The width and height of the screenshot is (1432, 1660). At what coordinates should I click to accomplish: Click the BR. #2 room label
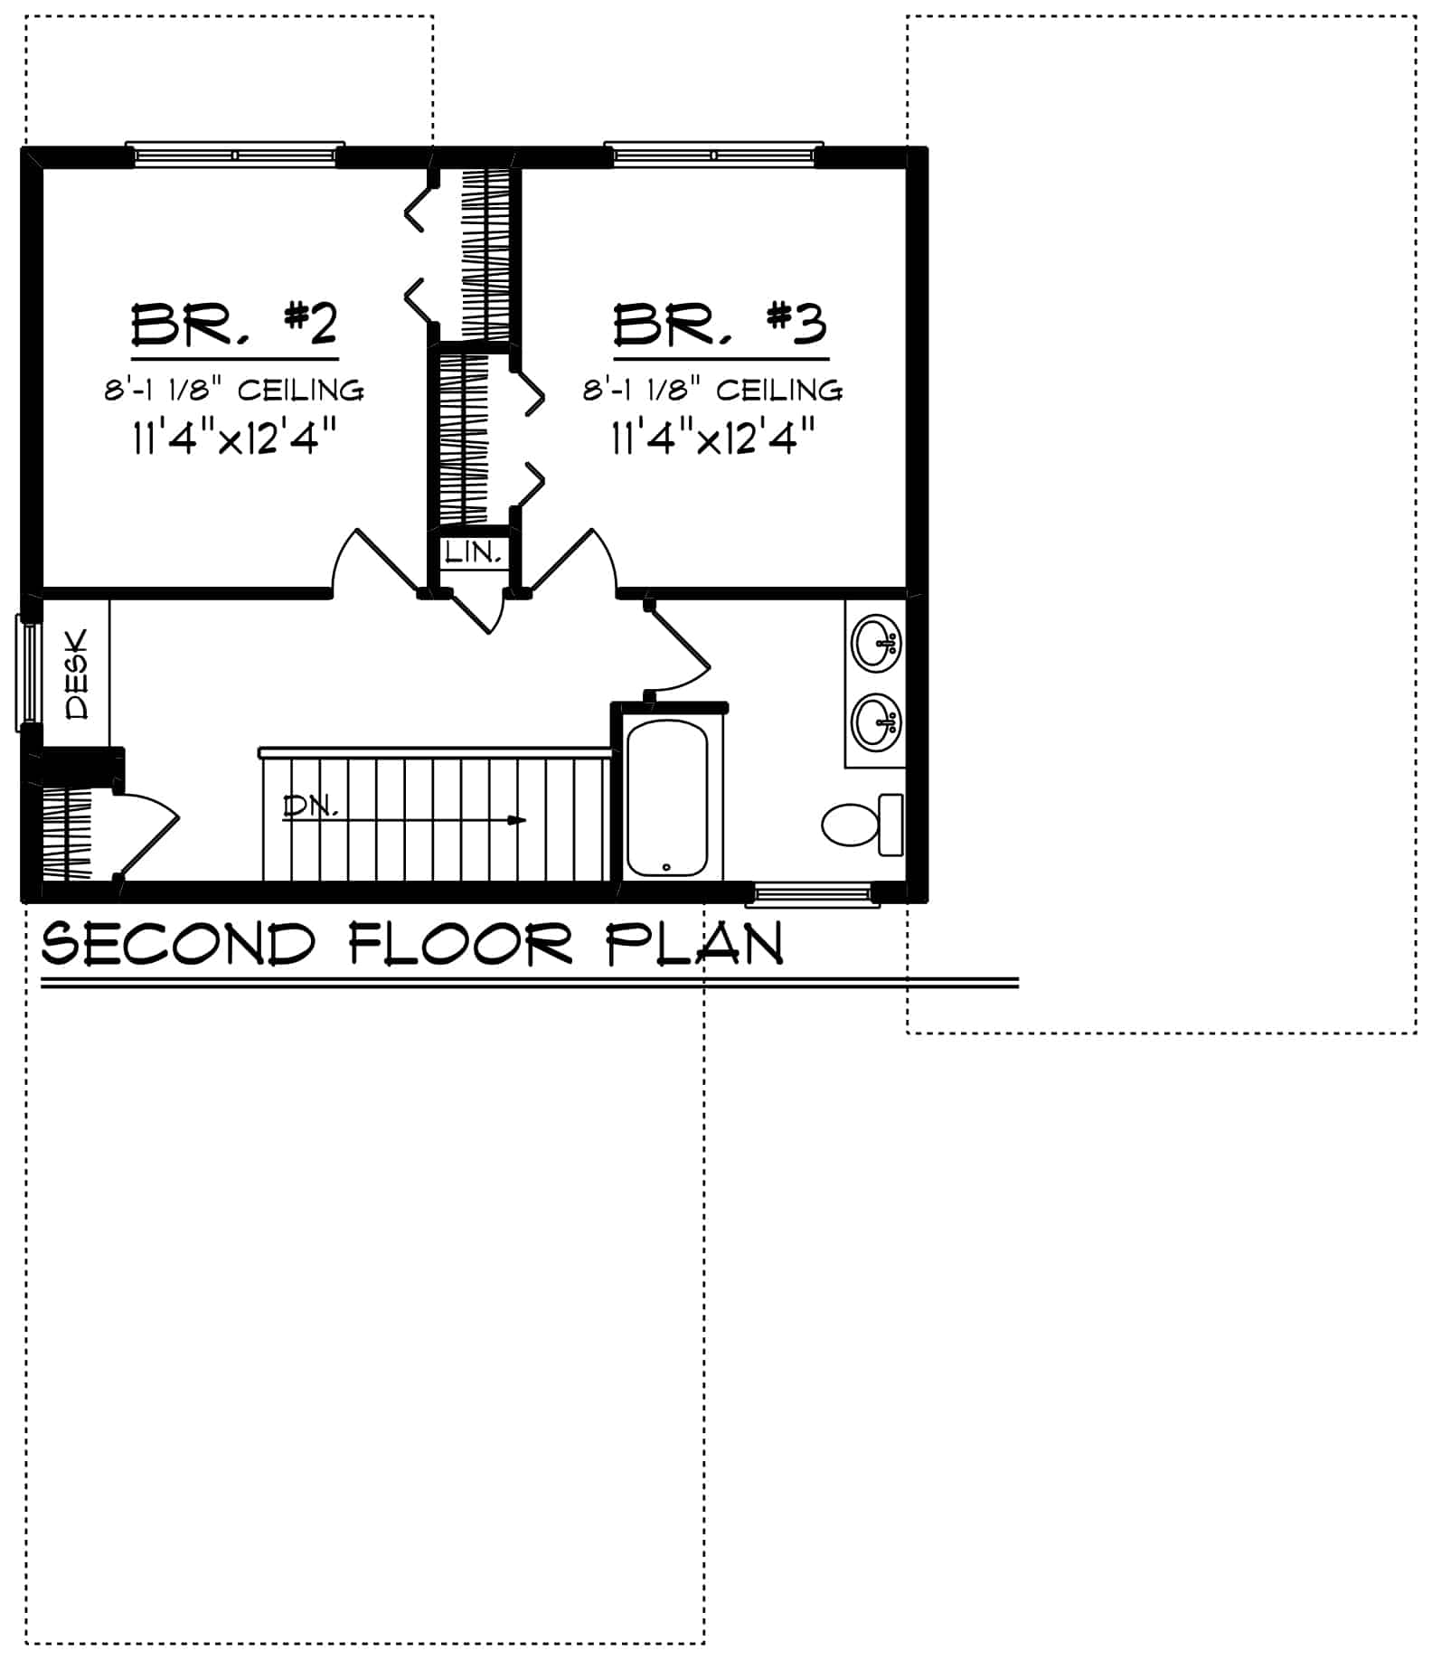[x=234, y=326]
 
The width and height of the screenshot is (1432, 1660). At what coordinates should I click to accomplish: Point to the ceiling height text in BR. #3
[x=712, y=391]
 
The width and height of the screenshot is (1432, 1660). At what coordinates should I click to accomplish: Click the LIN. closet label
[x=473, y=552]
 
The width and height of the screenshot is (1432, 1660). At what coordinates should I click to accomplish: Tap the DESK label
[x=79, y=674]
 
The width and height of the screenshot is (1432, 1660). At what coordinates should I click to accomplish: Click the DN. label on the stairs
[x=310, y=806]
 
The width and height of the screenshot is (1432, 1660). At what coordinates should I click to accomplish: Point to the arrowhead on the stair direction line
[x=517, y=820]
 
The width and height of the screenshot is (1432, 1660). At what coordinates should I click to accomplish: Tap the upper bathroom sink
[x=877, y=644]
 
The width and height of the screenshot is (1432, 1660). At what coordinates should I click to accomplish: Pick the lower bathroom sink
[x=877, y=722]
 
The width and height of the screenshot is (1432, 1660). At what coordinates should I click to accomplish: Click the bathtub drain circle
[x=666, y=867]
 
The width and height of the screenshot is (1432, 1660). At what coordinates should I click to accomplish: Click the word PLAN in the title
[x=694, y=945]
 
